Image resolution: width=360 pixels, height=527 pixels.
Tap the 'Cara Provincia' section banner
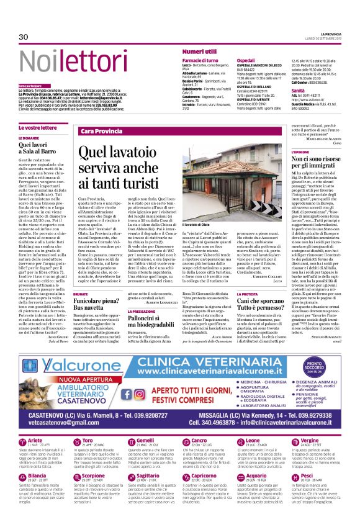click(x=102, y=131)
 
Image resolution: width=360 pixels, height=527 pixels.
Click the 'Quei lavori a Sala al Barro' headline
click(x=52, y=146)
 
